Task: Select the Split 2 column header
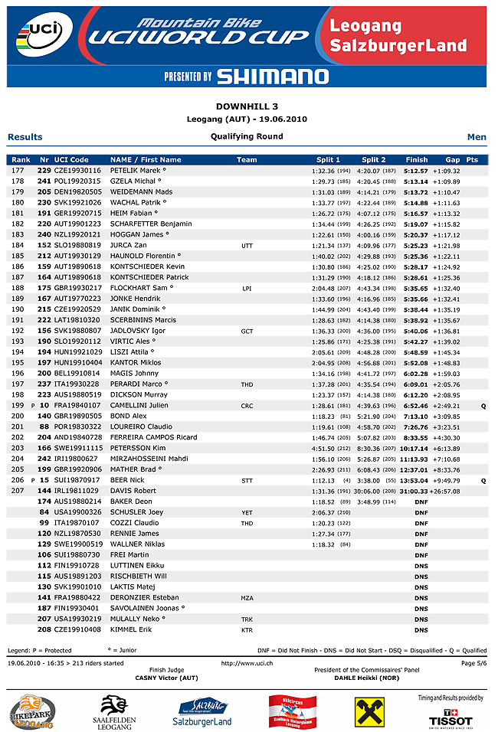[374, 159]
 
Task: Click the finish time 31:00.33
[417, 491]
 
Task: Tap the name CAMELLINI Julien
[139, 405]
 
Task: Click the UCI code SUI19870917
[77, 480]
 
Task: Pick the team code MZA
[247, 597]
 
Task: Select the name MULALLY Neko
[138, 619]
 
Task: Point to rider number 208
[44, 629]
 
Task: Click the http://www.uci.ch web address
[247, 663]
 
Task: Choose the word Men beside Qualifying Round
[477, 137]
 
